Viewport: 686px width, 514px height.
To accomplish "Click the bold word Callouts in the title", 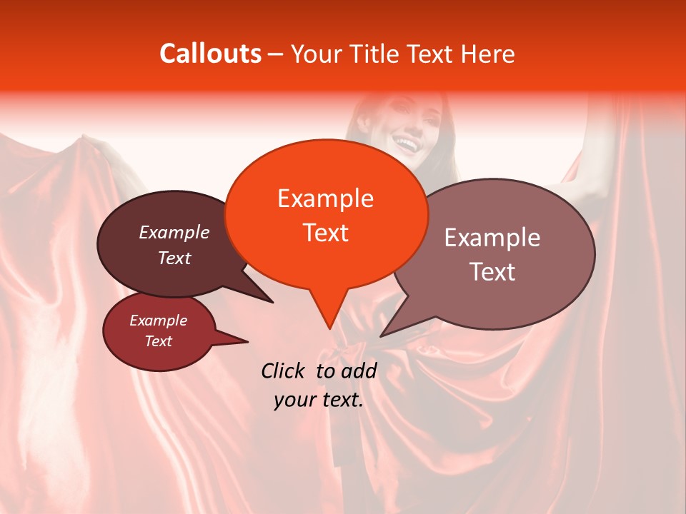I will (210, 54).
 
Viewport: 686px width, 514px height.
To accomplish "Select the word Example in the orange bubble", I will (325, 198).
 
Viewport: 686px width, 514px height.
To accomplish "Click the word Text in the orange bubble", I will (325, 233).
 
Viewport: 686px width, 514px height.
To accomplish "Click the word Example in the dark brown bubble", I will (174, 233).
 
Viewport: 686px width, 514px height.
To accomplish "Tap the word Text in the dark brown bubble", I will (174, 258).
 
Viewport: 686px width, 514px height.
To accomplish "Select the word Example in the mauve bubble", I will (492, 238).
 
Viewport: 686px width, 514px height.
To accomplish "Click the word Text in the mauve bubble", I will (492, 272).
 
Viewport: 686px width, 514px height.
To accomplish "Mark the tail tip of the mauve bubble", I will (382, 335).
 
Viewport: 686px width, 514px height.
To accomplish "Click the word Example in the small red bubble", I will (159, 321).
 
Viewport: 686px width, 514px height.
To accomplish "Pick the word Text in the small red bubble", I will (159, 341).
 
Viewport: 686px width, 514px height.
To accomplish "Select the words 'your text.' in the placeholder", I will (319, 400).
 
